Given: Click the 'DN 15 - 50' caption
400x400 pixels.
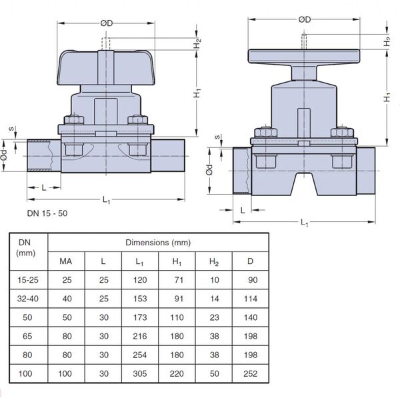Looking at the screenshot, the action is click(x=47, y=213).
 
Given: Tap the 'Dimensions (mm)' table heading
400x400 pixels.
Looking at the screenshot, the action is click(x=158, y=243).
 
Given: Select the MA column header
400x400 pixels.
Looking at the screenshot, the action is click(x=66, y=261).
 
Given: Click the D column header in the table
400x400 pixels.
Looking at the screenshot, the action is click(x=250, y=261).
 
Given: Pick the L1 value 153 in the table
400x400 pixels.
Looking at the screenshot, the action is click(x=140, y=299).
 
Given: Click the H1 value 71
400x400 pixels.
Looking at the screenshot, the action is click(x=179, y=280).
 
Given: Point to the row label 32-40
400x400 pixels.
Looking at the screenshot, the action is click(x=28, y=299).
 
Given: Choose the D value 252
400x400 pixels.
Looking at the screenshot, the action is click(x=250, y=374).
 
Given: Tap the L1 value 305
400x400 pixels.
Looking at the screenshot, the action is click(x=140, y=374).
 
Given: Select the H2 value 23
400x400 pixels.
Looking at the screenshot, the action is click(x=214, y=317).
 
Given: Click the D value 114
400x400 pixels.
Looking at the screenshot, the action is click(x=251, y=299).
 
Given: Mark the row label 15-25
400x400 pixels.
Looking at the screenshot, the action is click(x=28, y=280).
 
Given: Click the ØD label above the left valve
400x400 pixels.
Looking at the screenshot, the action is click(x=107, y=23).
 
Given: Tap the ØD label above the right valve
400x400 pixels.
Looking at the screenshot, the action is click(x=305, y=19).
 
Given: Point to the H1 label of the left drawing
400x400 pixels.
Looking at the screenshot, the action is click(x=197, y=93).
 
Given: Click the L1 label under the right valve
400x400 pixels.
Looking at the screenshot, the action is click(x=304, y=222).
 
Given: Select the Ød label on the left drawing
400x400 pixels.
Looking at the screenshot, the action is click(x=4, y=155).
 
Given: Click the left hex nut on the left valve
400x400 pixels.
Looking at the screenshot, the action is click(x=74, y=120).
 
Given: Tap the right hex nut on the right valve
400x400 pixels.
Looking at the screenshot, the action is click(x=342, y=133).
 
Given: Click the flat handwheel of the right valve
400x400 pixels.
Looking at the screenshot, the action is click(x=304, y=56).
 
